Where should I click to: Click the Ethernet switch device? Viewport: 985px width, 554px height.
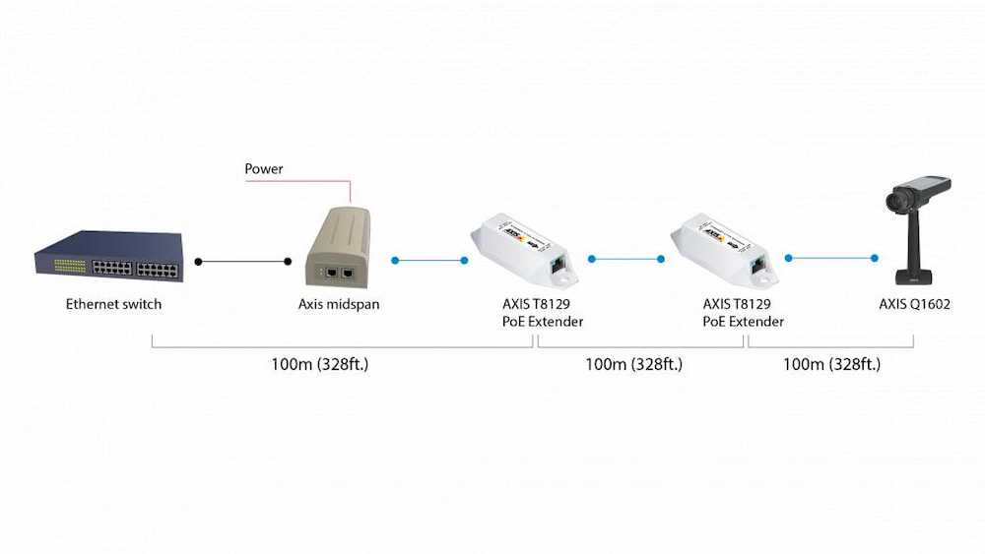pos(108,256)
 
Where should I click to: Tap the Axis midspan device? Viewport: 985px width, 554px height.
pos(337,246)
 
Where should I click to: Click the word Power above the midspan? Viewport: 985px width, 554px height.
pos(264,169)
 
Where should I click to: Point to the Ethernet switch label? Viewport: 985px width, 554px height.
pos(113,304)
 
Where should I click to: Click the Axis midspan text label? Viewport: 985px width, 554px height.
pos(339,304)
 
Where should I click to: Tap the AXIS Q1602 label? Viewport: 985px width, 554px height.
pos(915,304)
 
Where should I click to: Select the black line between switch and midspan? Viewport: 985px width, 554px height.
pos(243,262)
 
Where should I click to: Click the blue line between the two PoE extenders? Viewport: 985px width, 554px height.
pos(625,260)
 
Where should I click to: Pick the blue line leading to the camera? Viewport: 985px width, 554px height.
pos(832,259)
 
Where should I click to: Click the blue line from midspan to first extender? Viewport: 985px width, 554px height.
pos(429,261)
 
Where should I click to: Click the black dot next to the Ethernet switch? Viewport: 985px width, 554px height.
pos(199,262)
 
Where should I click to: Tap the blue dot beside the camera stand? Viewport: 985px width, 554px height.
pos(874,259)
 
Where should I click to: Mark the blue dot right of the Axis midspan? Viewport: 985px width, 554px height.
pos(394,261)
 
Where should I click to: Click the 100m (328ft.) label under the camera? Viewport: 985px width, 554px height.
pos(831,364)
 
